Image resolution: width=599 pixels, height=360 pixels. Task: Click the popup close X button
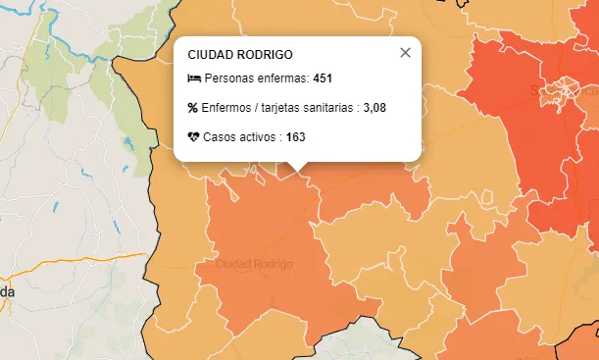405,53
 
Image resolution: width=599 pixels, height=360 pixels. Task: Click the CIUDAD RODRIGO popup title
240,55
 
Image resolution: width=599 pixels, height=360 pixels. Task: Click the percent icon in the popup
193,107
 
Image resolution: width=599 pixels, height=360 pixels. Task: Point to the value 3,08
374,107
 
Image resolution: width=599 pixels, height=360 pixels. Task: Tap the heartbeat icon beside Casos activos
193,136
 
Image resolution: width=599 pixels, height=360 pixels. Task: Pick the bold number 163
295,136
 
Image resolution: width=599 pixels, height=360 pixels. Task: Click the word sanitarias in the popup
328,107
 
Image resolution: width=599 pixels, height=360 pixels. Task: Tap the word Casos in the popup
221,136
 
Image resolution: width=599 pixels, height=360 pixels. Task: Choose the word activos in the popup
258,136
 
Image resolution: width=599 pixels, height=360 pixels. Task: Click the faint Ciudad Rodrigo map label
254,265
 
